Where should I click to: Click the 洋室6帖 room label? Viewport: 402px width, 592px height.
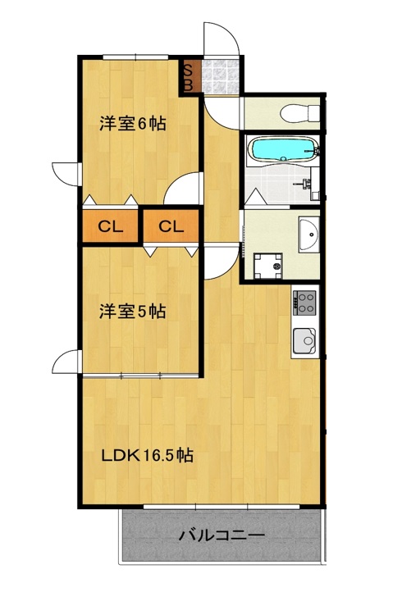coord(133,125)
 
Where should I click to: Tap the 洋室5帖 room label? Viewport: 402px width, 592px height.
coord(133,312)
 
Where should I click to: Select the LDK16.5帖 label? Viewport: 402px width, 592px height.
coord(147,456)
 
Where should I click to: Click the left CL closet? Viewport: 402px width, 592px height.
coord(110,227)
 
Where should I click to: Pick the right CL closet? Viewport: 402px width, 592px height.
coord(171,227)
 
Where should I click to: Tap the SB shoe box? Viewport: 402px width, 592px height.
coord(189,76)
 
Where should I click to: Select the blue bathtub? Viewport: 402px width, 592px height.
coord(282,150)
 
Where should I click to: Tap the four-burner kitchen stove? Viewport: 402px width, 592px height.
coord(304,302)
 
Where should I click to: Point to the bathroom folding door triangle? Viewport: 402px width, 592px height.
coord(253,197)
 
